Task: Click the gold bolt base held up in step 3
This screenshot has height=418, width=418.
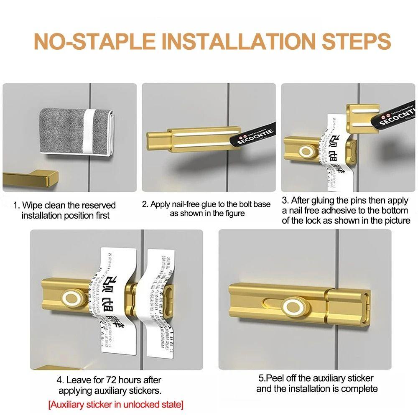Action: tap(362, 115)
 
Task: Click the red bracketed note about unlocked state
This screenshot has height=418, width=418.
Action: tap(115, 405)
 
